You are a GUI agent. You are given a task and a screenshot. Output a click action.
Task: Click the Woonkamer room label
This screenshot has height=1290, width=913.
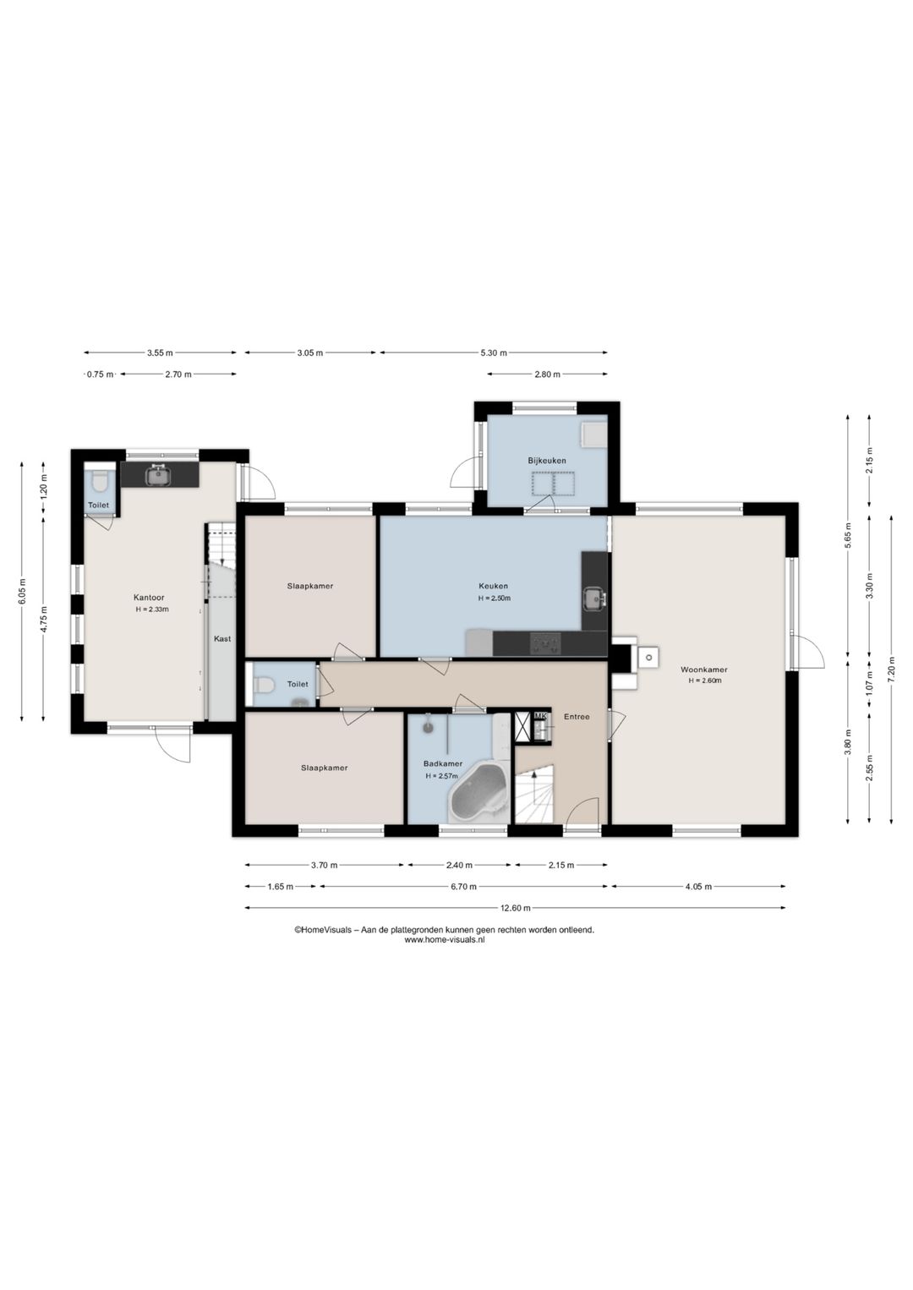pos(703,670)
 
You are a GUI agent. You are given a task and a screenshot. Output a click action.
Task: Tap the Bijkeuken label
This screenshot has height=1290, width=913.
pos(547,461)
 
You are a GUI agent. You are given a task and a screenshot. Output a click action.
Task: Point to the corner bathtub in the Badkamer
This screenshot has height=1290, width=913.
pos(479,795)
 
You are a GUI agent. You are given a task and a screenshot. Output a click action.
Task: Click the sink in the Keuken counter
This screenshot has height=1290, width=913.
pos(593,599)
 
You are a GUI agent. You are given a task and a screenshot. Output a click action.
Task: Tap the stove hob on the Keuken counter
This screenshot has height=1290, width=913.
pos(545,643)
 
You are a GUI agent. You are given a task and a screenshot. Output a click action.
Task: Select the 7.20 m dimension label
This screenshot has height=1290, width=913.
pos(891,670)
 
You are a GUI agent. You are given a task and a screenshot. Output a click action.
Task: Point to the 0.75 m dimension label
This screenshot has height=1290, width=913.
pos(100,374)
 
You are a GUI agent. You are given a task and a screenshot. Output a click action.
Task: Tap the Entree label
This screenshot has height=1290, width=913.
pos(577,717)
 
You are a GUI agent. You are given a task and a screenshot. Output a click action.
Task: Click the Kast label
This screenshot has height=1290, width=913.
pos(222,639)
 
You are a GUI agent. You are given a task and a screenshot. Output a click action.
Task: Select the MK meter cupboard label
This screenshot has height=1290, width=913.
pos(539,716)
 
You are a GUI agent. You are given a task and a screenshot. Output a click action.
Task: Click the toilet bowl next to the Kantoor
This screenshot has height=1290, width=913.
pos(101,482)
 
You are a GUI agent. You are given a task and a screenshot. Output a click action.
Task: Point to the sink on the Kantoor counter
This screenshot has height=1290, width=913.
pos(156,476)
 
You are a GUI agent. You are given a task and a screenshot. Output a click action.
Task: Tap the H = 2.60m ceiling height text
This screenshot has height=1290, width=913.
pos(704,681)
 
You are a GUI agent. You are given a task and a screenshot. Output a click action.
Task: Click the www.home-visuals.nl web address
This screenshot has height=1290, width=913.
pos(445,939)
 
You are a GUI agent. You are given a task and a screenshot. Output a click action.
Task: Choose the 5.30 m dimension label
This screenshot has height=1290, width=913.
pos(495,353)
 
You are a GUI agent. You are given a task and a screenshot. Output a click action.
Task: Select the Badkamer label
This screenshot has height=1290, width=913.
pos(442,763)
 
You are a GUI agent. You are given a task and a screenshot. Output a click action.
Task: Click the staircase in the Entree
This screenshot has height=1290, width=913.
pos(534,793)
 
